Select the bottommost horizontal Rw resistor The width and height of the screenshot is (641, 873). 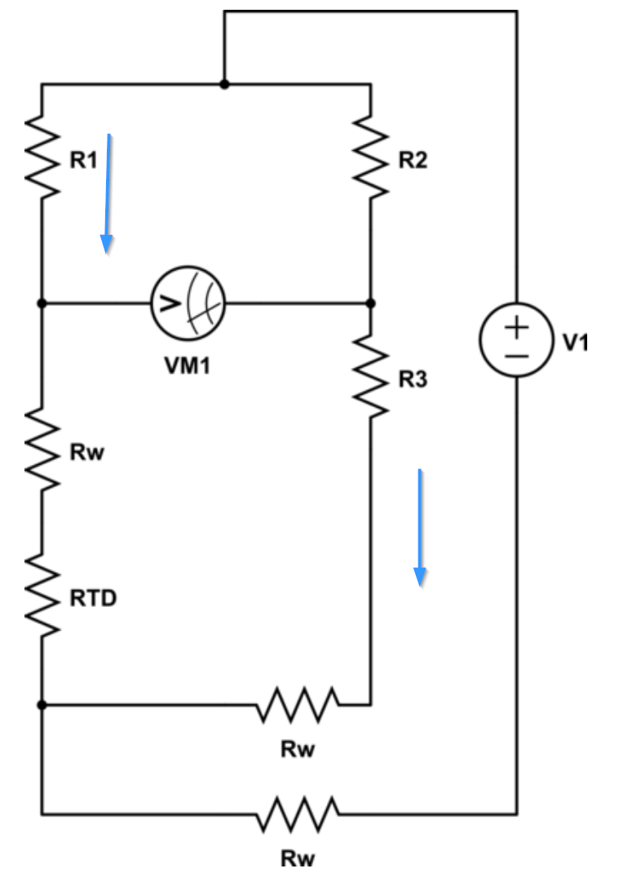[x=298, y=813]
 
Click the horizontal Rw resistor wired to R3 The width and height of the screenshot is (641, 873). [x=298, y=703]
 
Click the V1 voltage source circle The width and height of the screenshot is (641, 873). [x=517, y=341]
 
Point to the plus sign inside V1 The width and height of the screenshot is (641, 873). [x=517, y=327]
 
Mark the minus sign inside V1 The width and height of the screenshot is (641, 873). [x=517, y=357]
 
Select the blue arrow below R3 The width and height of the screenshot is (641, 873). [x=419, y=527]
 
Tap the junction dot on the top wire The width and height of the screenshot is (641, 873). [x=224, y=84]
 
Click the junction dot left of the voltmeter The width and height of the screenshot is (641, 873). [x=42, y=303]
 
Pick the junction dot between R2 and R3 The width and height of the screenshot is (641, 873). [x=371, y=303]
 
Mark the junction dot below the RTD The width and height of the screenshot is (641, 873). [x=42, y=703]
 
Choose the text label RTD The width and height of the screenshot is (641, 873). [x=93, y=598]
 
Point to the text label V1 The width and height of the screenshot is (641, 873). [x=575, y=342]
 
